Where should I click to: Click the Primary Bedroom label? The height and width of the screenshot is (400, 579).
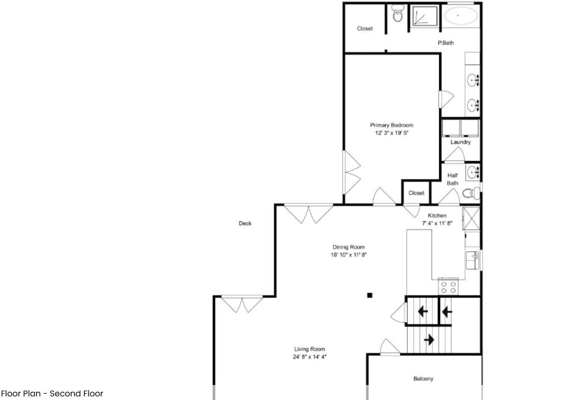pos(391,125)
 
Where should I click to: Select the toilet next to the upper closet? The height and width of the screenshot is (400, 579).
pos(398,15)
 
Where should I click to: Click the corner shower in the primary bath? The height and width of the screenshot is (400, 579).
pos(425,16)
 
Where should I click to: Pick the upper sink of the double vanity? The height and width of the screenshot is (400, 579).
pos(473,80)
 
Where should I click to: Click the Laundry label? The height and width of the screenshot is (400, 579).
pos(460,142)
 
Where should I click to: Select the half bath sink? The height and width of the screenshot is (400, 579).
pos(472,172)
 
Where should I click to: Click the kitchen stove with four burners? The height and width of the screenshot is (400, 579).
pos(448,287)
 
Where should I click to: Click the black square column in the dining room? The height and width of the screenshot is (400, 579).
pos(370,295)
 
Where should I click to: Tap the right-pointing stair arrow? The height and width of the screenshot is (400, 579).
pos(429,340)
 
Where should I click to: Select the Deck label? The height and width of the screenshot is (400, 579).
pos(245,223)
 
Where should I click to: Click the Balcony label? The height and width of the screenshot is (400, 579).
pos(423,379)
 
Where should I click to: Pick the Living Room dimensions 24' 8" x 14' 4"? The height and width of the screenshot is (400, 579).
pos(310,356)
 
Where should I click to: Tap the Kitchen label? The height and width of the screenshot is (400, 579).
pos(436,216)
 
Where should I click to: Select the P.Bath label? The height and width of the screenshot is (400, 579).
pos(446,43)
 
